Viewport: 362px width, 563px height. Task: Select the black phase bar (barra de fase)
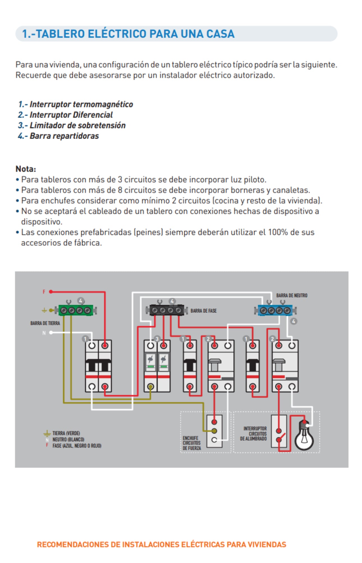[x=167, y=310]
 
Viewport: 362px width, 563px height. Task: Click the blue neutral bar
[x=275, y=310]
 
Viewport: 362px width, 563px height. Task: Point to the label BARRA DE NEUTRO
[x=292, y=295]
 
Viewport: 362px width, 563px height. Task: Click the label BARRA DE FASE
[x=203, y=311]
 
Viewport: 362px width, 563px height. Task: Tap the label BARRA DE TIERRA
[x=45, y=323]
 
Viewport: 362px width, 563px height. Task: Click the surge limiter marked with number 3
[x=157, y=365]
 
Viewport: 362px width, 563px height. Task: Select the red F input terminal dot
[x=51, y=292]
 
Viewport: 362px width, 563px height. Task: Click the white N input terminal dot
[x=51, y=333]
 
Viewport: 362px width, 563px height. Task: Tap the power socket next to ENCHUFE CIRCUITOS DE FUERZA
[x=214, y=431]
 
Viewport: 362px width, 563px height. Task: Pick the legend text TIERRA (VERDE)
[x=66, y=433]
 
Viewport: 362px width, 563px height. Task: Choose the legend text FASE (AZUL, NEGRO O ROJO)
[x=77, y=446]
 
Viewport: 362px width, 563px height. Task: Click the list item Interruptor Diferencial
[x=71, y=115]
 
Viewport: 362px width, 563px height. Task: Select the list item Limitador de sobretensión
[x=77, y=125]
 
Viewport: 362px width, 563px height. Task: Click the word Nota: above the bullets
[x=26, y=169]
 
